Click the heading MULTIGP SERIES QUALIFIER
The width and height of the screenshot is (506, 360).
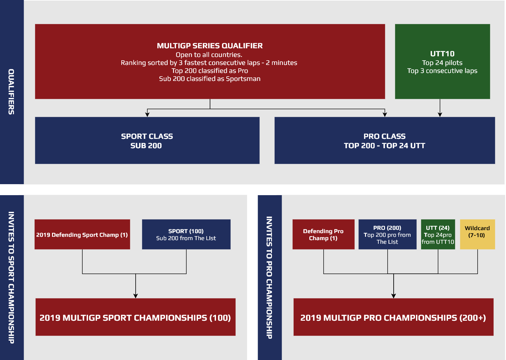click(x=210, y=46)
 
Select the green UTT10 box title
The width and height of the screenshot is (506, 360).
click(x=442, y=54)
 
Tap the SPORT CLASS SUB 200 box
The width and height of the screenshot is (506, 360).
click(x=147, y=141)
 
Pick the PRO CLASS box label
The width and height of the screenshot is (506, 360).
click(x=384, y=136)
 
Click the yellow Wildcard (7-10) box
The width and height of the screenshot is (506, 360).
click(x=478, y=234)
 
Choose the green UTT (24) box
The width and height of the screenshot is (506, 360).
click(x=438, y=234)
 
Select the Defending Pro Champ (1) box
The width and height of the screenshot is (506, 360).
click(x=323, y=234)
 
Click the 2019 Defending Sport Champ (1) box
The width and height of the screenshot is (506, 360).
click(x=82, y=234)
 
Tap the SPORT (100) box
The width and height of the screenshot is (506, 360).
click(x=186, y=234)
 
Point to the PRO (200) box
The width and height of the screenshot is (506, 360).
click(x=388, y=234)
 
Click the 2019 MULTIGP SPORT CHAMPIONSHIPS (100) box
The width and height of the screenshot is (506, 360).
click(x=136, y=317)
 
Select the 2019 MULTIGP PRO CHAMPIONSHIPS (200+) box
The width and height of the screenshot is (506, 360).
click(x=394, y=317)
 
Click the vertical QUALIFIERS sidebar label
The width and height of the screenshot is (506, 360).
click(x=11, y=92)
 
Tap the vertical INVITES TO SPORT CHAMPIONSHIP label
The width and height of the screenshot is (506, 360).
click(x=11, y=278)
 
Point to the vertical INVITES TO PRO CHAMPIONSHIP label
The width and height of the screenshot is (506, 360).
click(x=269, y=278)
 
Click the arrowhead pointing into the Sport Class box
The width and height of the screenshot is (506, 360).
click(x=147, y=115)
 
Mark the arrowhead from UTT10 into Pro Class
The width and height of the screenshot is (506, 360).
click(x=440, y=115)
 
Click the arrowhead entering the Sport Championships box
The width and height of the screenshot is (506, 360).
click(x=136, y=296)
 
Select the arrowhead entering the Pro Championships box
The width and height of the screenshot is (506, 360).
click(x=394, y=296)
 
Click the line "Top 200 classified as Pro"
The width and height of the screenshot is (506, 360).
click(x=210, y=71)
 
